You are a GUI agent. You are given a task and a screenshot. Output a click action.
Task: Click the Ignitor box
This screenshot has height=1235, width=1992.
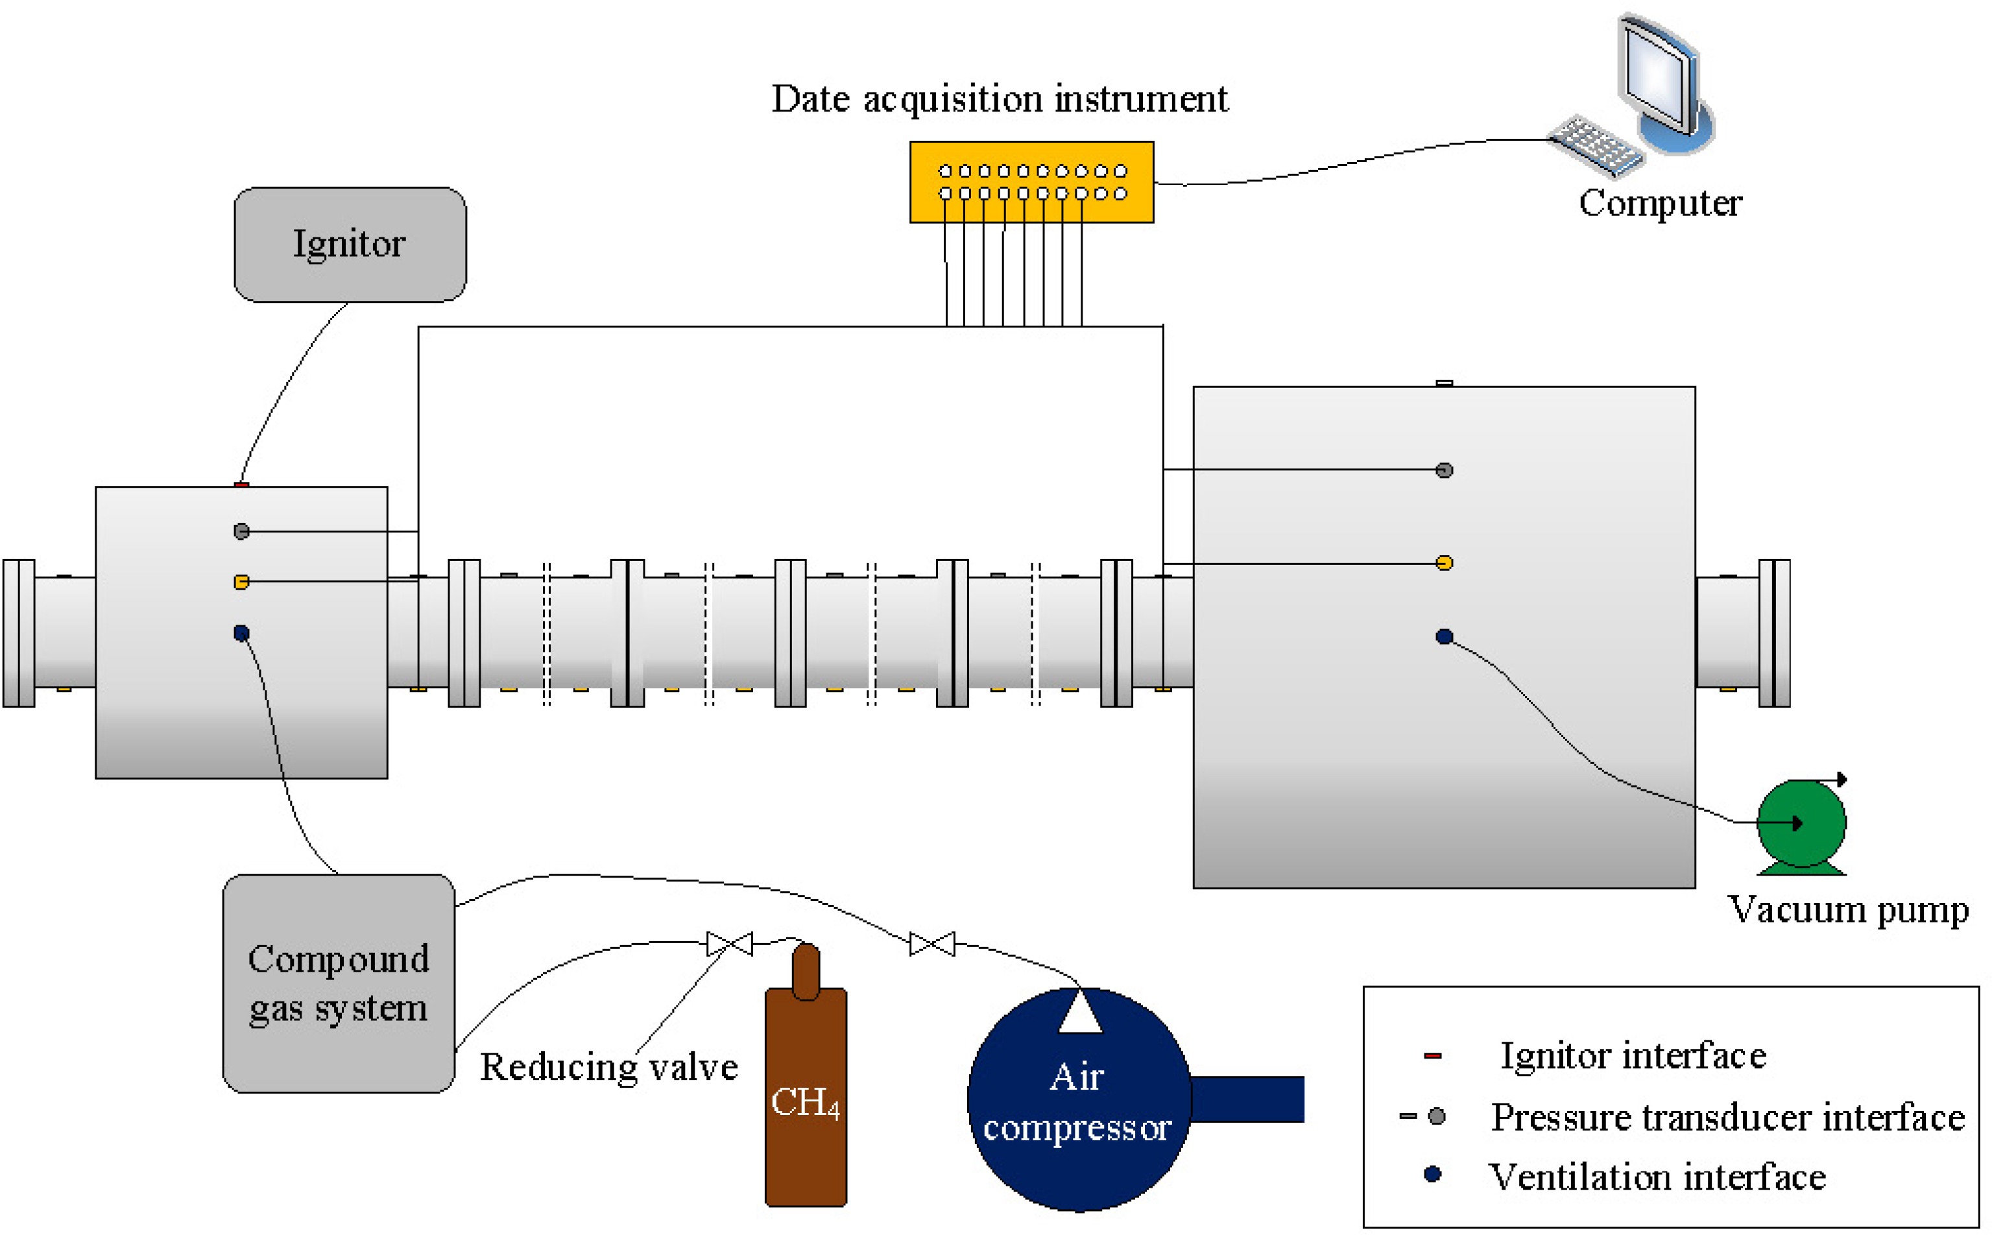click(350, 245)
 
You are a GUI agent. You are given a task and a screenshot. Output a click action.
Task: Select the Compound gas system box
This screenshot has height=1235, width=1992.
click(338, 983)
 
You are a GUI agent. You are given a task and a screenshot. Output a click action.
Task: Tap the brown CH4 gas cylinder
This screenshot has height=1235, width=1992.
click(805, 1094)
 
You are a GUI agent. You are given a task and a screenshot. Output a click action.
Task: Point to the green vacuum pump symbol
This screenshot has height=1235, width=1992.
click(1800, 823)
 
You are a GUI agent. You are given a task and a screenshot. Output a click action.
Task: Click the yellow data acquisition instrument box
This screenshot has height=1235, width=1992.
click(1031, 182)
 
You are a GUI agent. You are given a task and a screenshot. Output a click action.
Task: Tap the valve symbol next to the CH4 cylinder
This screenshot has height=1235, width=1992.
click(728, 943)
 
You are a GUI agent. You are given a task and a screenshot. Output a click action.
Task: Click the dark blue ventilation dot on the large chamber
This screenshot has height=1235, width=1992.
click(1443, 636)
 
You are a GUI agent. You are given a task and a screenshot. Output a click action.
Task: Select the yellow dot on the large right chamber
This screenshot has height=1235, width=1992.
click(1443, 563)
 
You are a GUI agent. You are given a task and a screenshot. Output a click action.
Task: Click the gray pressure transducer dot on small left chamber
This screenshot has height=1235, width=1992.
click(241, 531)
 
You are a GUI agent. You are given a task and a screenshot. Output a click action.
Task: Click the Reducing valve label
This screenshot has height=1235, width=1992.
click(608, 1067)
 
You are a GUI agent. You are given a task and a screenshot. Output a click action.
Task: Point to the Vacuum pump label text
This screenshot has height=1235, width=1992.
click(1847, 909)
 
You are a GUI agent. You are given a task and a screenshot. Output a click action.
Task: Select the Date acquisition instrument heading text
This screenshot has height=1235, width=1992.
click(999, 99)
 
